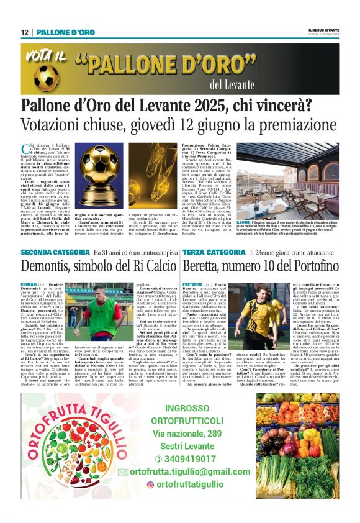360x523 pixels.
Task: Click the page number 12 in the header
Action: coord(24,32)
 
